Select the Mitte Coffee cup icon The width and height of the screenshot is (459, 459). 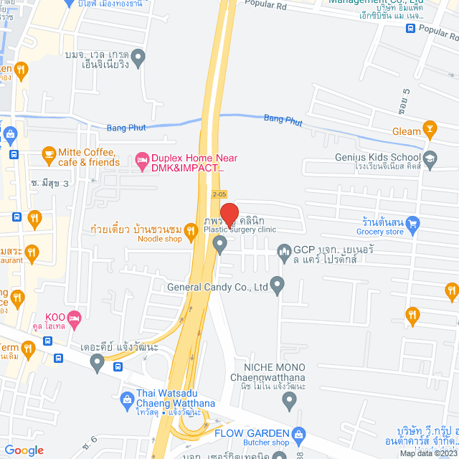(49, 153)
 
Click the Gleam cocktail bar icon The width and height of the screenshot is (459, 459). (430, 130)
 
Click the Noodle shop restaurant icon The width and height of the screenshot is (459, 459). (191, 230)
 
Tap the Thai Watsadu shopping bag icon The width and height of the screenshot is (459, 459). (128, 397)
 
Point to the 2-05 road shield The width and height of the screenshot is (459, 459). (220, 194)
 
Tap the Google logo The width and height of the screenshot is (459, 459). (24, 450)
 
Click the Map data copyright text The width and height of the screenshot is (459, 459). (428, 453)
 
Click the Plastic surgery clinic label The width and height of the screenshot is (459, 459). (240, 229)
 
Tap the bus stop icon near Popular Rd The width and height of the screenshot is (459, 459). (410, 29)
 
